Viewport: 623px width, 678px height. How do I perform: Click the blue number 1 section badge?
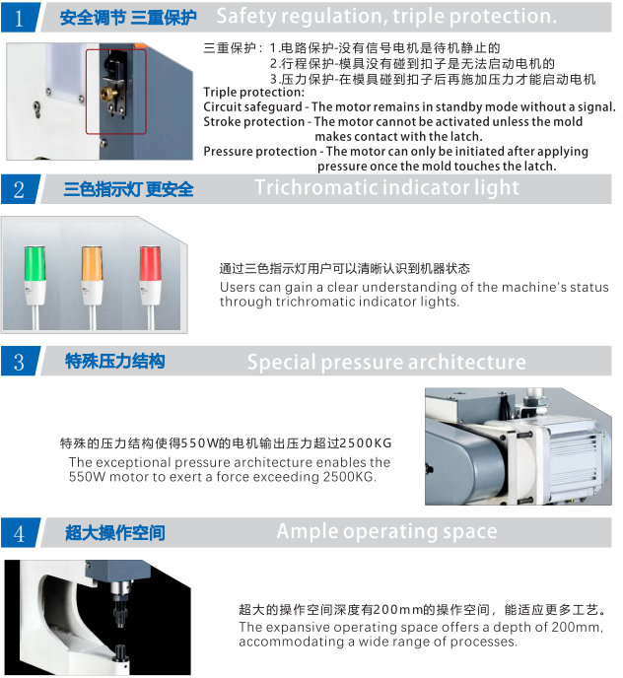(19, 18)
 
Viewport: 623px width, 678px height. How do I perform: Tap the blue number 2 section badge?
(19, 189)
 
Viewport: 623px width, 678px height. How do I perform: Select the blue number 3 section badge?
(19, 361)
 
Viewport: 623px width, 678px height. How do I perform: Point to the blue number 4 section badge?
(19, 533)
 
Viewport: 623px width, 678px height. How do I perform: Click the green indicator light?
(35, 264)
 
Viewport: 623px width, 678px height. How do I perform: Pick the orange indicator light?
(92, 264)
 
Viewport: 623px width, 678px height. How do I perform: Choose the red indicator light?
(150, 264)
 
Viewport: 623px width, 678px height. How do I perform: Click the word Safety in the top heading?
(246, 17)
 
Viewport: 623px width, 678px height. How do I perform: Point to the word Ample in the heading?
(308, 532)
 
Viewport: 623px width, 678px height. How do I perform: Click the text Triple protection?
(254, 92)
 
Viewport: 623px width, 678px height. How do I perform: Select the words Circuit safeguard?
(252, 106)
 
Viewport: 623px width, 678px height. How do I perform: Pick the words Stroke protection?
(254, 121)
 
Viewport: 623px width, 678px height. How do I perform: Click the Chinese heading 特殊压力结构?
(115, 361)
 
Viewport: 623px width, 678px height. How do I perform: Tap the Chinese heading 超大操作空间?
(115, 533)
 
